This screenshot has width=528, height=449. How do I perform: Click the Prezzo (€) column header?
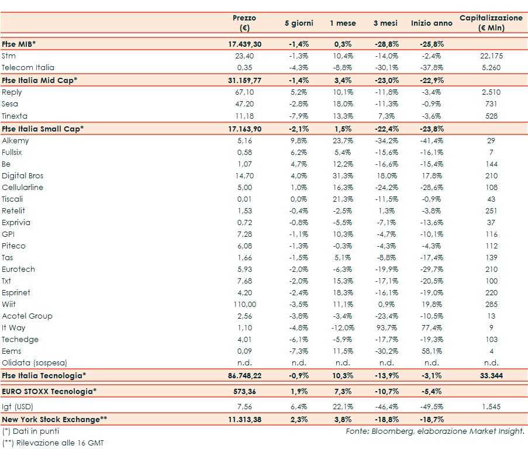pos(244,23)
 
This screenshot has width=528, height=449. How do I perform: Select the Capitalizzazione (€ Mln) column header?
pos(491,23)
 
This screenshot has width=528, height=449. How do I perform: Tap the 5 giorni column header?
pos(299,23)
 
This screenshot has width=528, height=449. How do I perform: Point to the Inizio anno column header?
pos(432,23)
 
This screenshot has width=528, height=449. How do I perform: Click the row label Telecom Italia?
pos(27,68)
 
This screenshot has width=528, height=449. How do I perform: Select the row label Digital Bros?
pos(23,175)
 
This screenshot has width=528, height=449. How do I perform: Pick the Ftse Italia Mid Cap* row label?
pos(40,80)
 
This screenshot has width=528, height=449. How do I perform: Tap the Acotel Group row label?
pos(27,316)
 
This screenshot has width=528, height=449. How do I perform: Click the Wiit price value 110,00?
pos(244,304)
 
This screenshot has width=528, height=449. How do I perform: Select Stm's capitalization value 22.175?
pos(491,56)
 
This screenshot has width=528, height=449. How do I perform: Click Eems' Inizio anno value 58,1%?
pos(432,351)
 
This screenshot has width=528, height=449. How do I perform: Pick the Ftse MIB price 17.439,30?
pos(244,44)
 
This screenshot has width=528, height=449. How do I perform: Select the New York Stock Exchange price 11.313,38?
pos(244,419)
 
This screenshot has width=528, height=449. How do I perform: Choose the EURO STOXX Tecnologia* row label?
pos(49,391)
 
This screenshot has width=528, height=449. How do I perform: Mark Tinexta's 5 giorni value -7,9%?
pos(299,116)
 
